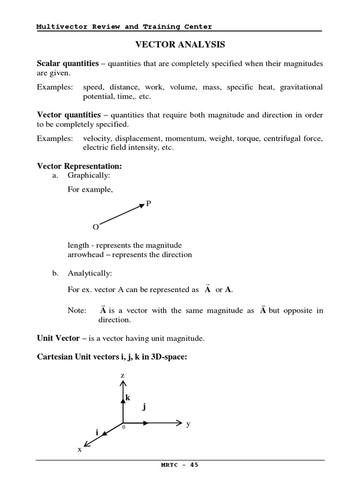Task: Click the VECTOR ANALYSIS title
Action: pyautogui.click(x=180, y=45)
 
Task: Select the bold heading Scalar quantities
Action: pyautogui.click(x=68, y=63)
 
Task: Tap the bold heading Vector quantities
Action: pyautogui.click(x=69, y=115)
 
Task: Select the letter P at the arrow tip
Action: pyautogui.click(x=149, y=203)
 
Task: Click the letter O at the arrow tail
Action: pyautogui.click(x=96, y=227)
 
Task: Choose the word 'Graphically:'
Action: pyautogui.click(x=90, y=175)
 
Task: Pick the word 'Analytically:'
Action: pyautogui.click(x=90, y=273)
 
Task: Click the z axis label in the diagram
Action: pyautogui.click(x=122, y=375)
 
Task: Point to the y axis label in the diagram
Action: pyautogui.click(x=188, y=424)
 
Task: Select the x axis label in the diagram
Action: pyautogui.click(x=80, y=449)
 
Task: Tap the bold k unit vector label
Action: pyautogui.click(x=127, y=397)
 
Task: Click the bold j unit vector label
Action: pyautogui.click(x=144, y=407)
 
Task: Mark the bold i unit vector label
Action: pyautogui.click(x=97, y=433)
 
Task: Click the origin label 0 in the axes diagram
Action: pyautogui.click(x=124, y=427)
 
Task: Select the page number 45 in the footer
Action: pyautogui.click(x=194, y=465)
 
